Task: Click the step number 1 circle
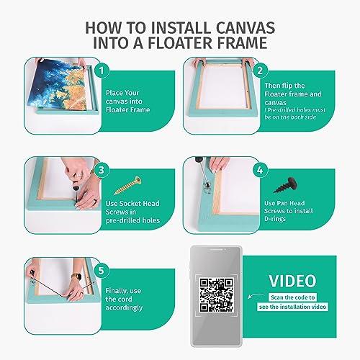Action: (x=102, y=71)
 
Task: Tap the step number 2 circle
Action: (x=260, y=71)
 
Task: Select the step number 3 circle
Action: (x=102, y=170)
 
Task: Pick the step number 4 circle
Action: (x=260, y=170)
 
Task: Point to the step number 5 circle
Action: (x=102, y=271)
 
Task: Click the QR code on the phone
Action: (x=217, y=295)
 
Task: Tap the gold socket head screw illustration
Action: (x=127, y=185)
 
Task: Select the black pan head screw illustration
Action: (x=286, y=185)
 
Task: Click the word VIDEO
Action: (x=292, y=281)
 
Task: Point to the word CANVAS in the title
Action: (x=246, y=27)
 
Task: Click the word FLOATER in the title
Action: (x=180, y=42)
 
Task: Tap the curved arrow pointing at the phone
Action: (x=256, y=296)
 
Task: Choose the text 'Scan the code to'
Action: (x=292, y=297)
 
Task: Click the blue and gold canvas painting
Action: (x=57, y=84)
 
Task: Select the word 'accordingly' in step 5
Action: (x=124, y=307)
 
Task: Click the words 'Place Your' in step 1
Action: (x=122, y=93)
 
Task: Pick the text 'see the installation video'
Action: (x=292, y=307)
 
